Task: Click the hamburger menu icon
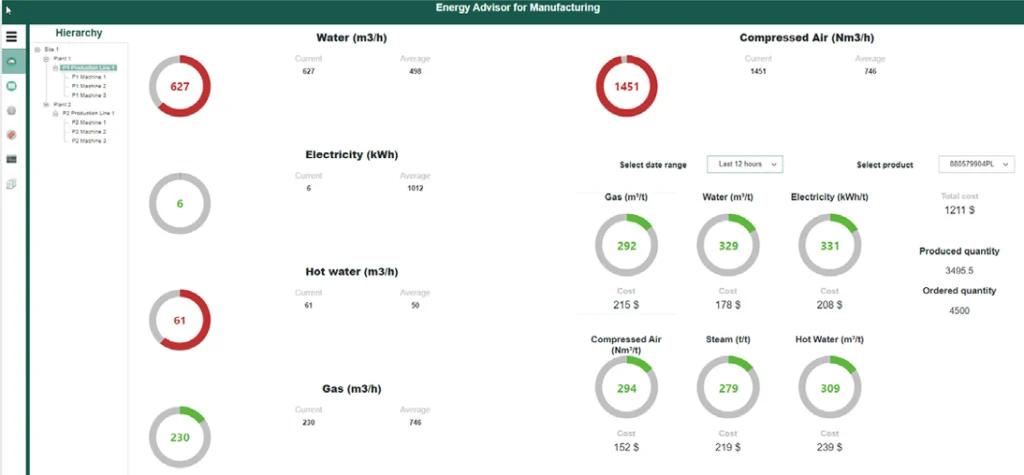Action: point(12,37)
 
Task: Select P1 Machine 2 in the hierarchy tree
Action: point(89,86)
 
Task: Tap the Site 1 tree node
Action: point(51,49)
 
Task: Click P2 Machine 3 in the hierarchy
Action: point(89,141)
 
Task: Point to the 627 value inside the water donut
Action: point(180,86)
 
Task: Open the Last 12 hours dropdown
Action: point(744,164)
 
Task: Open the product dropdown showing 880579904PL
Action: point(976,164)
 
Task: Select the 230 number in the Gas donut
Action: point(180,436)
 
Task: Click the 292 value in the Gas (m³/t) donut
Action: point(626,245)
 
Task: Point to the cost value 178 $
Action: point(727,304)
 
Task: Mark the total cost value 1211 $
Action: point(958,211)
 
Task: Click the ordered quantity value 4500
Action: point(958,310)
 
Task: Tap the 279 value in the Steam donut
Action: point(727,388)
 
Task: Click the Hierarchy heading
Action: point(78,33)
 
